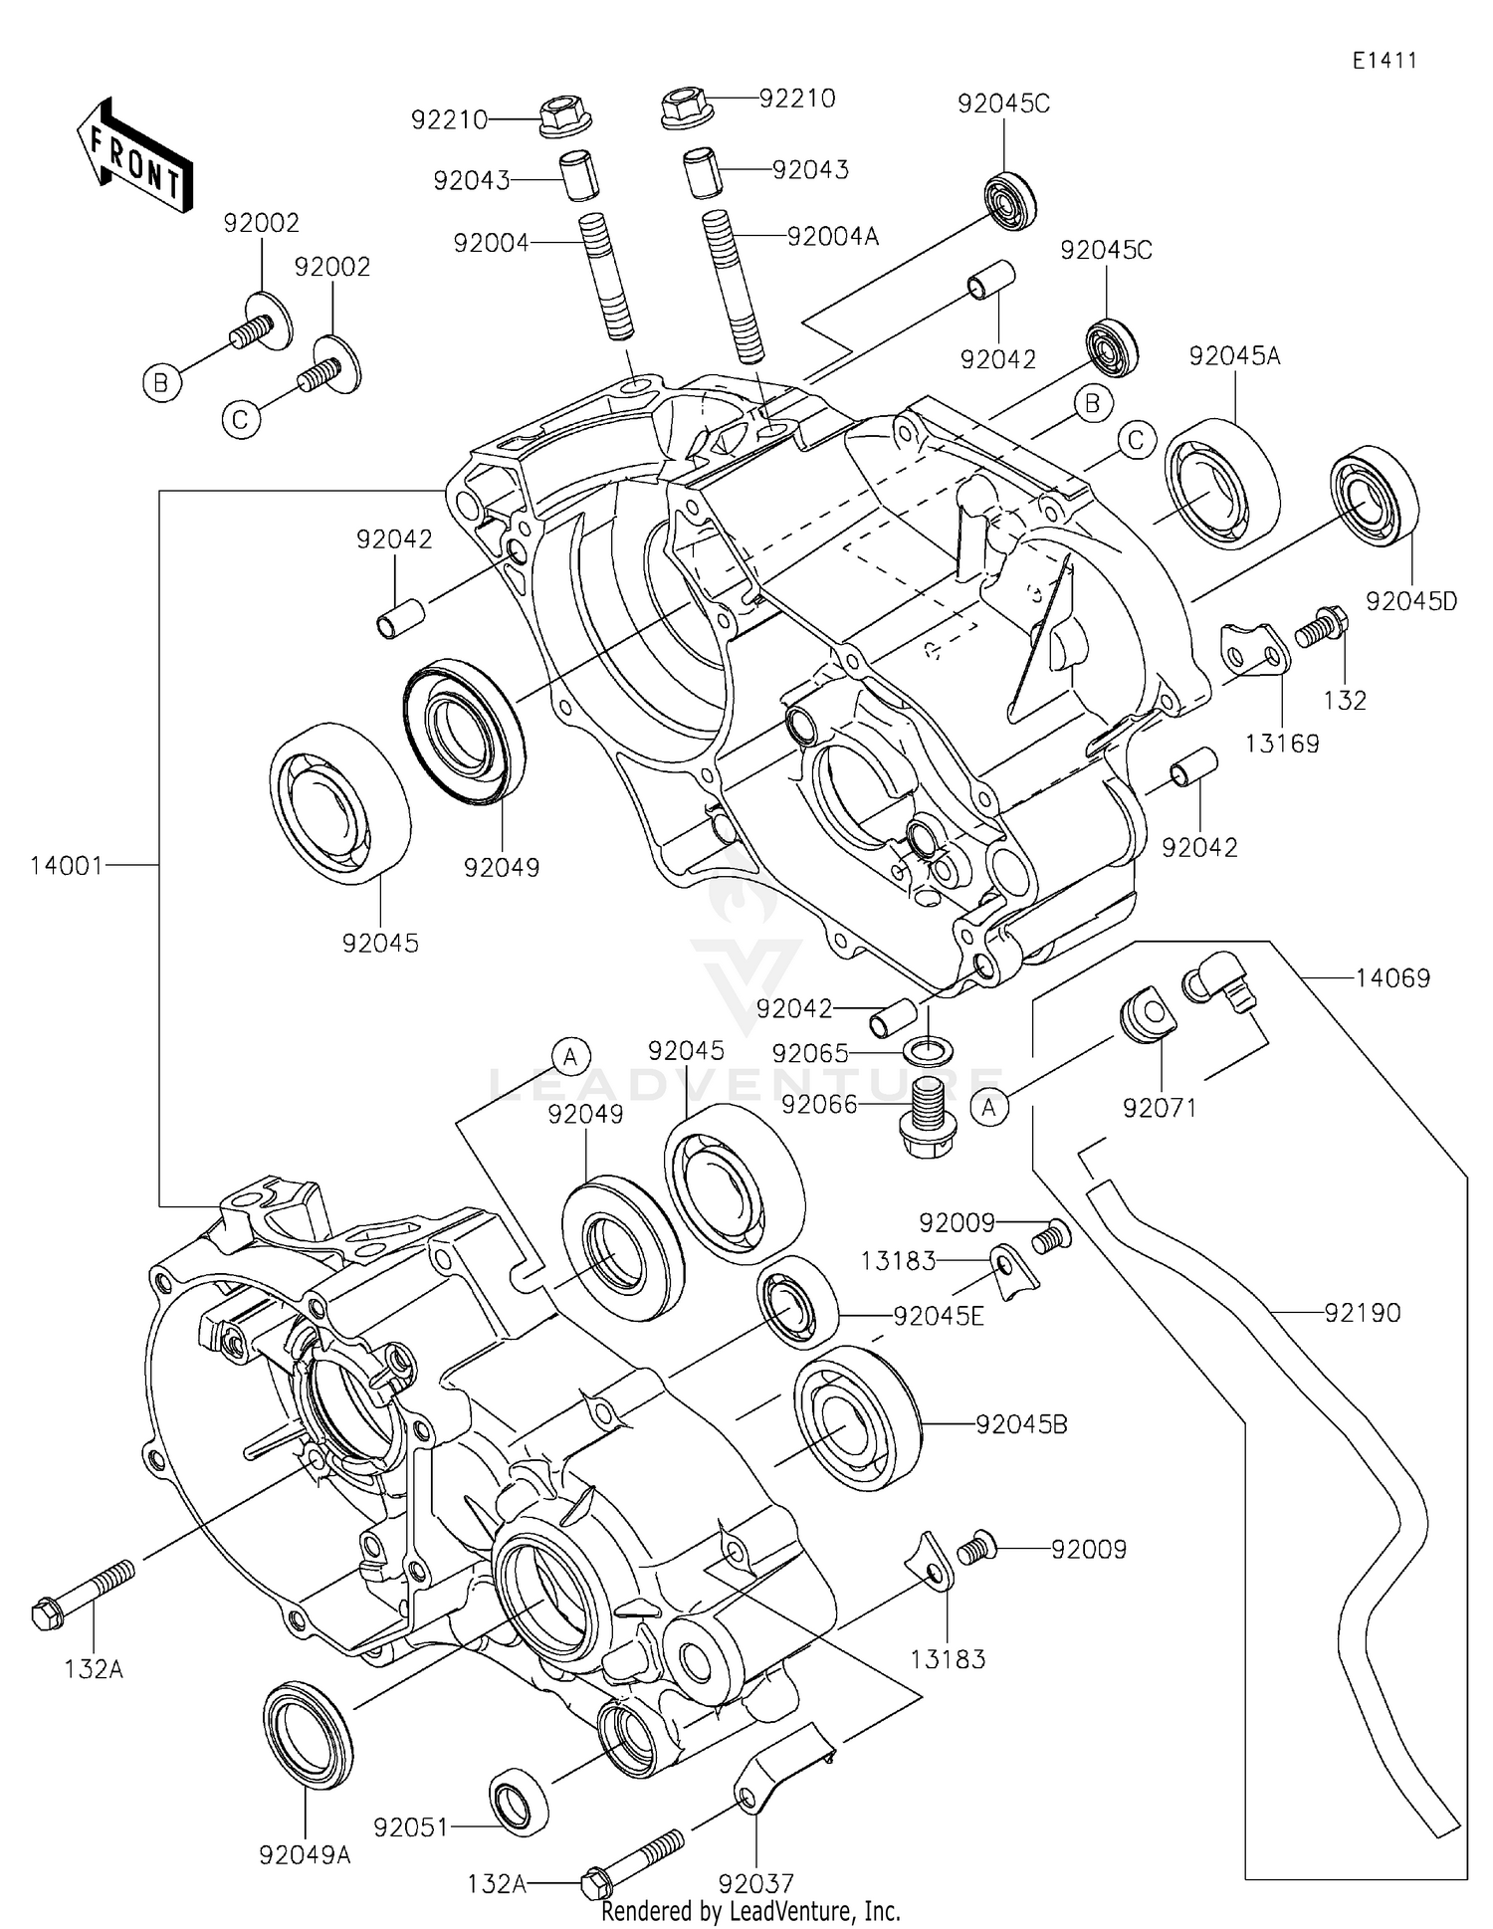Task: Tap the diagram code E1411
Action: tap(1384, 61)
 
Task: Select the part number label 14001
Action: tap(66, 866)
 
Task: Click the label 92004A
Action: tap(832, 237)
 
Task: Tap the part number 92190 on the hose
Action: tap(1362, 1313)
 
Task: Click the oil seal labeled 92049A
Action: tap(308, 1736)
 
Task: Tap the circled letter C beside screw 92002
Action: tap(240, 420)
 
